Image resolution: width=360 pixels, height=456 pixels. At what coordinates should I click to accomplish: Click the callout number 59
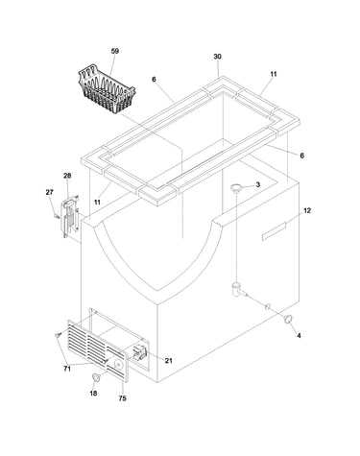(x=115, y=51)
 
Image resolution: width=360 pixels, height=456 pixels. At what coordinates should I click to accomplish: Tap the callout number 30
(x=217, y=57)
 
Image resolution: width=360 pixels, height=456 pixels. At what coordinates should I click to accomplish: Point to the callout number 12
(x=307, y=211)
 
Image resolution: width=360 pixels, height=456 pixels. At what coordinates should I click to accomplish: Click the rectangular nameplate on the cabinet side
(x=274, y=231)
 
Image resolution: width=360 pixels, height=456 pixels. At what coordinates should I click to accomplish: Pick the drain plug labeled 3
(x=237, y=187)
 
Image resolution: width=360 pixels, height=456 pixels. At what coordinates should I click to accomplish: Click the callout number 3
(x=258, y=184)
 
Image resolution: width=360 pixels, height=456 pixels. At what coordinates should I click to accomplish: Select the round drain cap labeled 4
(x=288, y=319)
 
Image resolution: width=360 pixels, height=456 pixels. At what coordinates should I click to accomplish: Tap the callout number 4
(x=299, y=336)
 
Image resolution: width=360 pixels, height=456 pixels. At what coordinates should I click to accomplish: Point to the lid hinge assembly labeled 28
(x=70, y=216)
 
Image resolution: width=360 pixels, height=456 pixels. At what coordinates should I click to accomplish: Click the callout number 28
(x=67, y=176)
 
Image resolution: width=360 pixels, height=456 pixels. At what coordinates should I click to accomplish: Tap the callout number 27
(x=49, y=192)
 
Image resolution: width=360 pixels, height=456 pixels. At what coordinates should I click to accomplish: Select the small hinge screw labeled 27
(x=57, y=217)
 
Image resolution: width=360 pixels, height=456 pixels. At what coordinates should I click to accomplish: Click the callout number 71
(x=67, y=369)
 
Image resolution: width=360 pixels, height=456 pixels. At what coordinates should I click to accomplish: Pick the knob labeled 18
(x=95, y=376)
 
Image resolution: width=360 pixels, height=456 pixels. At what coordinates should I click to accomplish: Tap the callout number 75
(x=122, y=398)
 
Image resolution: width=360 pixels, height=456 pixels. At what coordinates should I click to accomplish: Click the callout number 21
(x=169, y=361)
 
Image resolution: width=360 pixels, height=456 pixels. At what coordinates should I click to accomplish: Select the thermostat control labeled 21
(x=140, y=352)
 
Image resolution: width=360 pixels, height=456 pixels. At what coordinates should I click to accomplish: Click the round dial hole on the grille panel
(x=118, y=365)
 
